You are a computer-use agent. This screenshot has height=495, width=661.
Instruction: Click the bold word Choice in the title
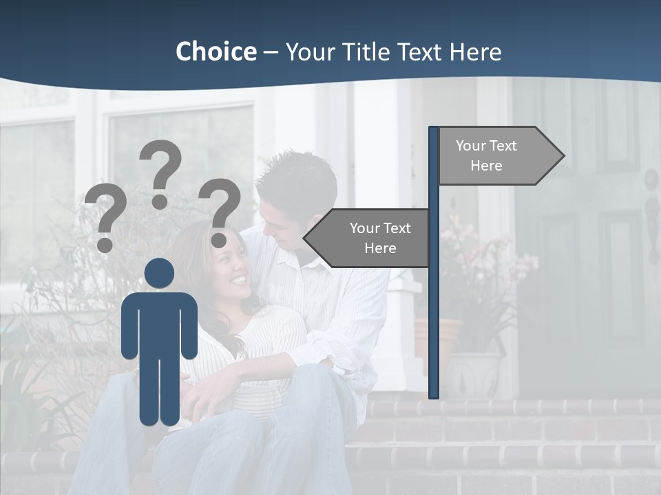pyautogui.click(x=216, y=52)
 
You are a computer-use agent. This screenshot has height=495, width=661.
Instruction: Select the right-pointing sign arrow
pyautogui.click(x=501, y=156)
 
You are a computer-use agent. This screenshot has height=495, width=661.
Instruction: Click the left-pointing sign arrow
pyautogui.click(x=366, y=238)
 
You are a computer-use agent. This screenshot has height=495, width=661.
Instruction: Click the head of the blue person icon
pyautogui.click(x=159, y=274)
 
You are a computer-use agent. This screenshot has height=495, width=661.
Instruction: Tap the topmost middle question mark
pyautogui.click(x=160, y=172)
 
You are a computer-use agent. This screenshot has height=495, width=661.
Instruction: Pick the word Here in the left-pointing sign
pyautogui.click(x=380, y=248)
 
